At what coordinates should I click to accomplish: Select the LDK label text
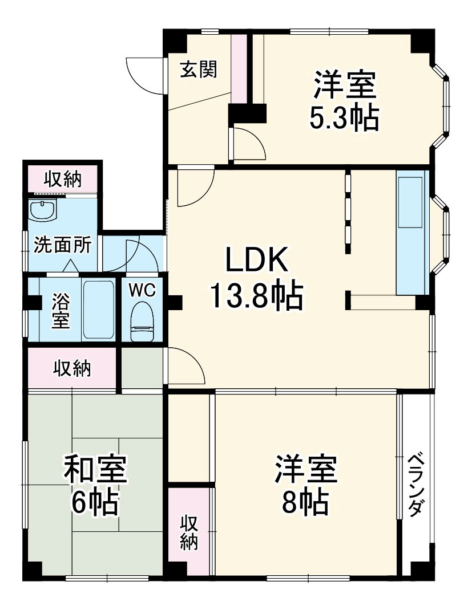point(255,261)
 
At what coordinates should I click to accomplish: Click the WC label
point(141,290)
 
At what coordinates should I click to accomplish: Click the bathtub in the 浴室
point(98,309)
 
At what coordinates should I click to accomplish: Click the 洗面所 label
point(62,245)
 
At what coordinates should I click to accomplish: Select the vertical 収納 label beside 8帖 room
point(189,532)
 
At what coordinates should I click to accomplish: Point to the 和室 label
point(95,469)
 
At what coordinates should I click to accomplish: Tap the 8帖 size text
point(306,502)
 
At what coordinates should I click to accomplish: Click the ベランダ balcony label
point(417,485)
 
